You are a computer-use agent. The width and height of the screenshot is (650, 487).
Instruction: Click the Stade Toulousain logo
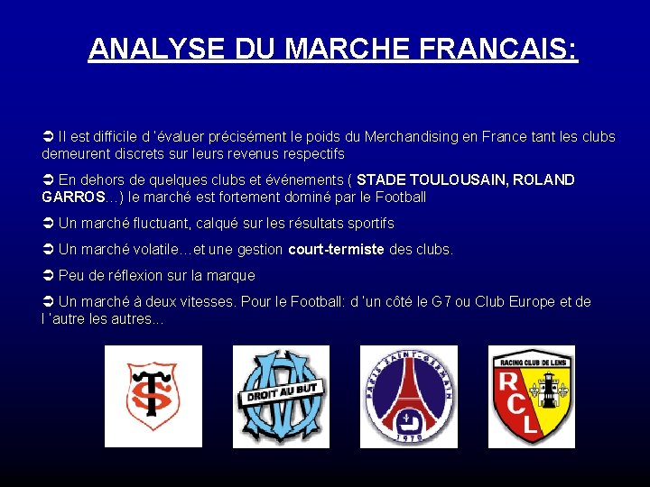click(153, 396)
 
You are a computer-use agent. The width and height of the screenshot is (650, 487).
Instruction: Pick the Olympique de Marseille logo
click(281, 396)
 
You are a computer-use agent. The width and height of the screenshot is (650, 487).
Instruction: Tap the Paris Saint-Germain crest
click(408, 396)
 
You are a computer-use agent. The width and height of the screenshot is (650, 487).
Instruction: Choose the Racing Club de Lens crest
click(532, 396)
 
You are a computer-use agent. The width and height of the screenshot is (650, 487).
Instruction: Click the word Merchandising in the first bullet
click(411, 137)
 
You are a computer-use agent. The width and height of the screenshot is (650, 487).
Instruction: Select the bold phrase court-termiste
click(336, 249)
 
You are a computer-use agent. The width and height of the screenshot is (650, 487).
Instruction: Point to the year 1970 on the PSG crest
click(408, 436)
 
